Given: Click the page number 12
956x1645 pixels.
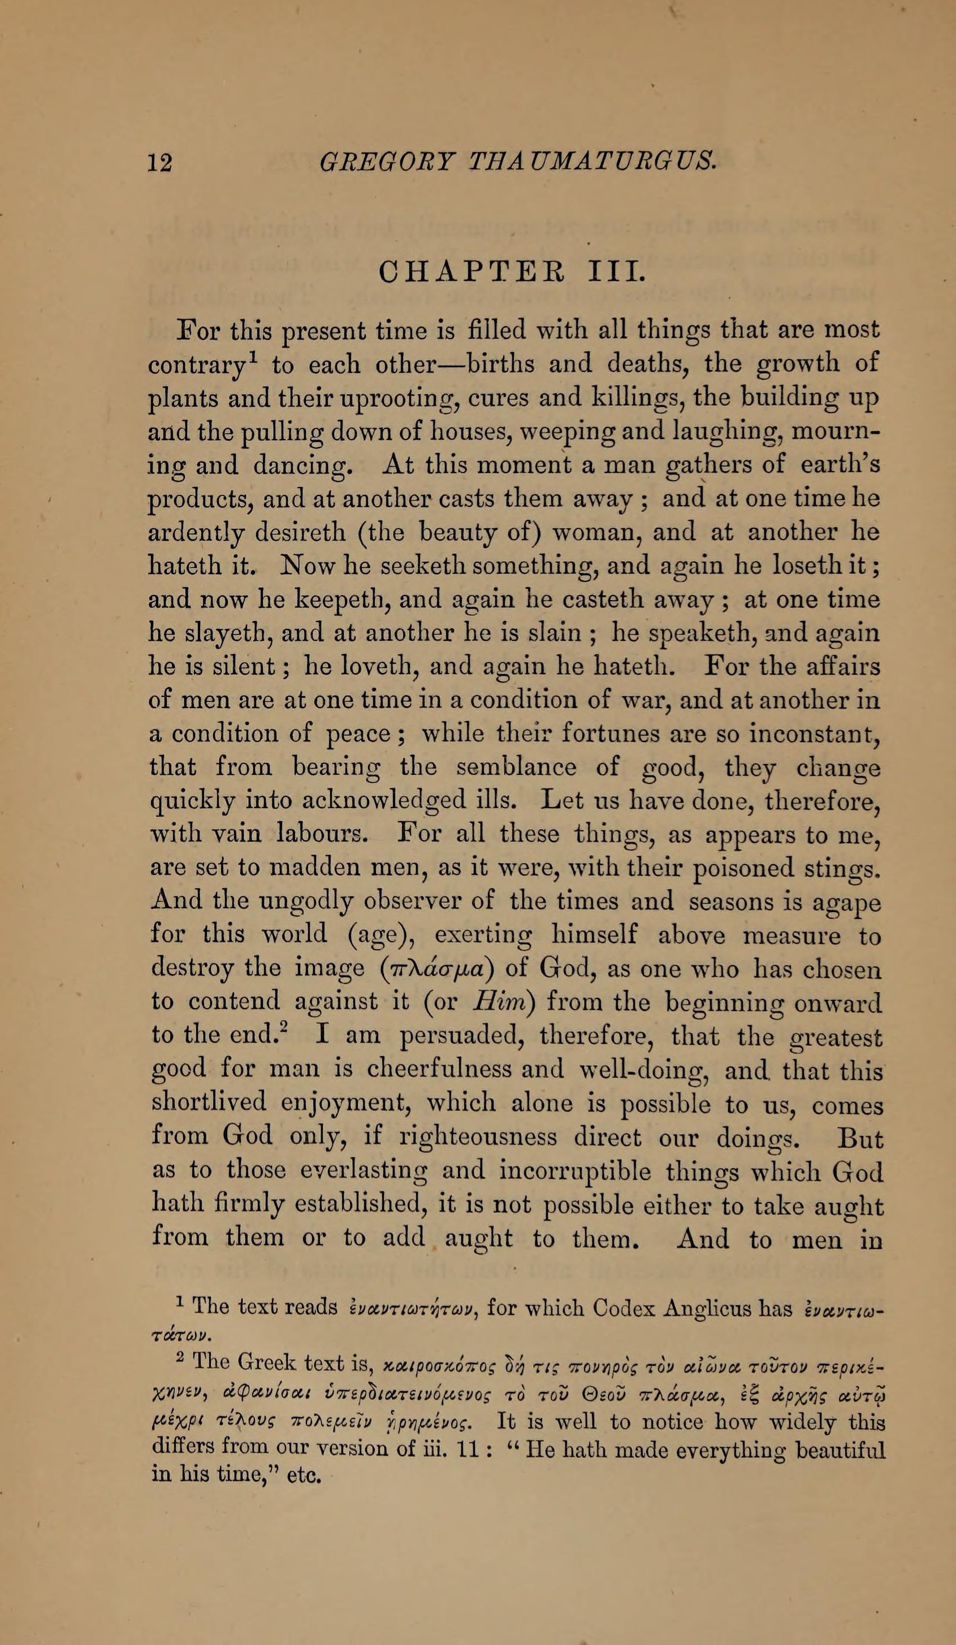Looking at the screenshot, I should click(x=160, y=161).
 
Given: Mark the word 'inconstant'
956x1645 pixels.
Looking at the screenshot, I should click(x=812, y=735).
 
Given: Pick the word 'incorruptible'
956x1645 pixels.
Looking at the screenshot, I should click(x=574, y=1171).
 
